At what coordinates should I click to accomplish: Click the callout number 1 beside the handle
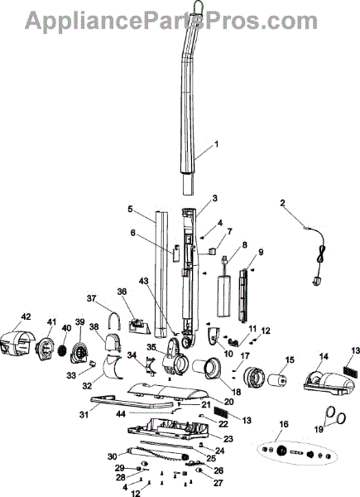tap(217, 144)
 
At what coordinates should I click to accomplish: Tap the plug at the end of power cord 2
tap(317, 281)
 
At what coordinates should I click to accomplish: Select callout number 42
tap(26, 316)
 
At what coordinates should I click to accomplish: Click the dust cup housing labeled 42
tap(17, 343)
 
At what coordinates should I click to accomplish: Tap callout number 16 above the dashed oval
tap(284, 424)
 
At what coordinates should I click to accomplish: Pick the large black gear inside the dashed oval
tap(281, 451)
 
